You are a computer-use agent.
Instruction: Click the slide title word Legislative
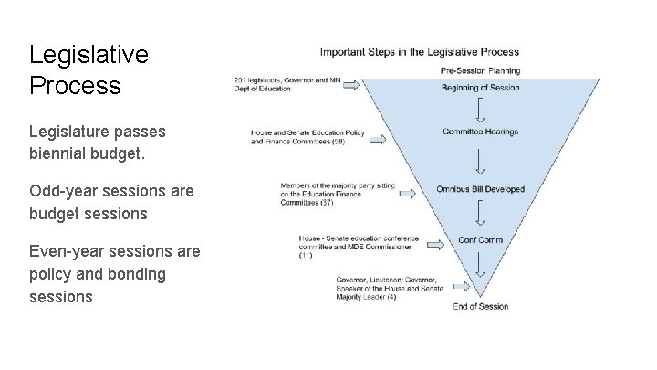pos(88,55)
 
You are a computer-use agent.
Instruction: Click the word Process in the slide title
pos(75,87)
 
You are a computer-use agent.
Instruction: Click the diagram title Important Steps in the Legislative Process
pos(419,51)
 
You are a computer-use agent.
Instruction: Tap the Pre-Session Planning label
pos(480,70)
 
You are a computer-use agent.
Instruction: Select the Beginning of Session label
pos(480,88)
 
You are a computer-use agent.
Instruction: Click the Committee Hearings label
pos(480,132)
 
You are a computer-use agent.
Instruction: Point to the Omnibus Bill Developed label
pos(480,189)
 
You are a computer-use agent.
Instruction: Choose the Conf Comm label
pos(480,240)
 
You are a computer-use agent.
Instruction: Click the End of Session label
pos(480,306)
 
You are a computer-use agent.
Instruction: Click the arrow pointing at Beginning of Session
pos(375,84)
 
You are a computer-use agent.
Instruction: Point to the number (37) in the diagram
pos(327,202)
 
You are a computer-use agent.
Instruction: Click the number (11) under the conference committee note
pos(306,255)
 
